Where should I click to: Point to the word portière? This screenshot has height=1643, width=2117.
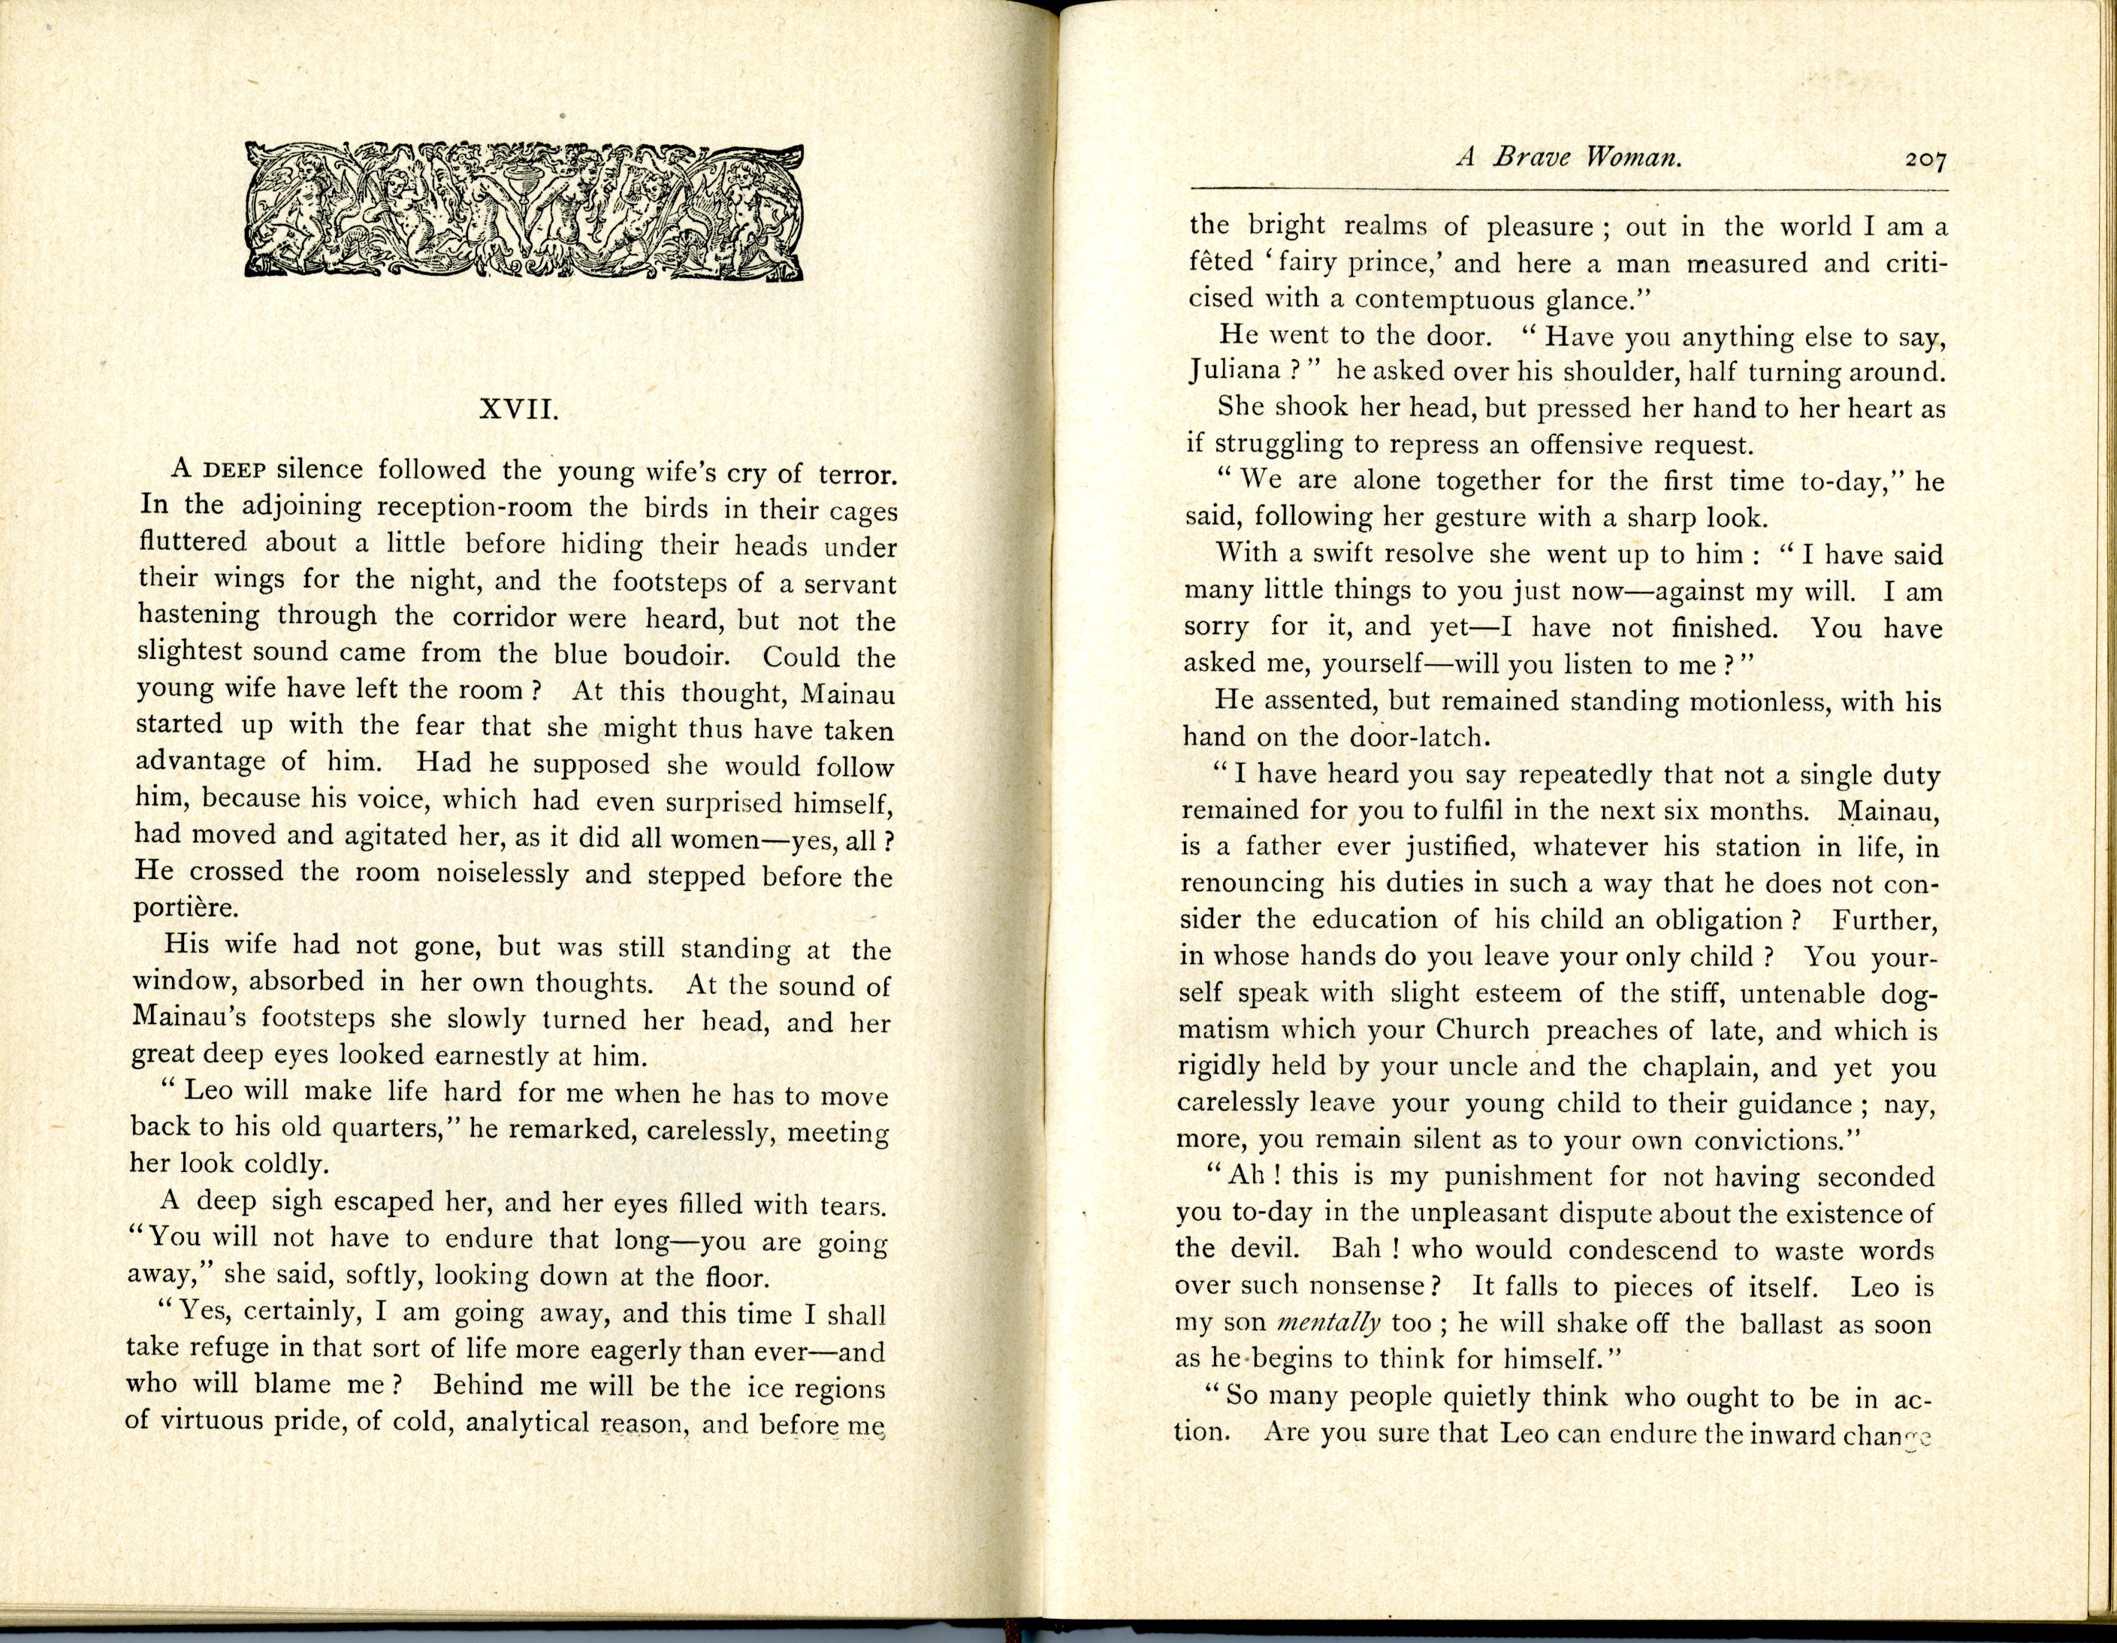tap(184, 909)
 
